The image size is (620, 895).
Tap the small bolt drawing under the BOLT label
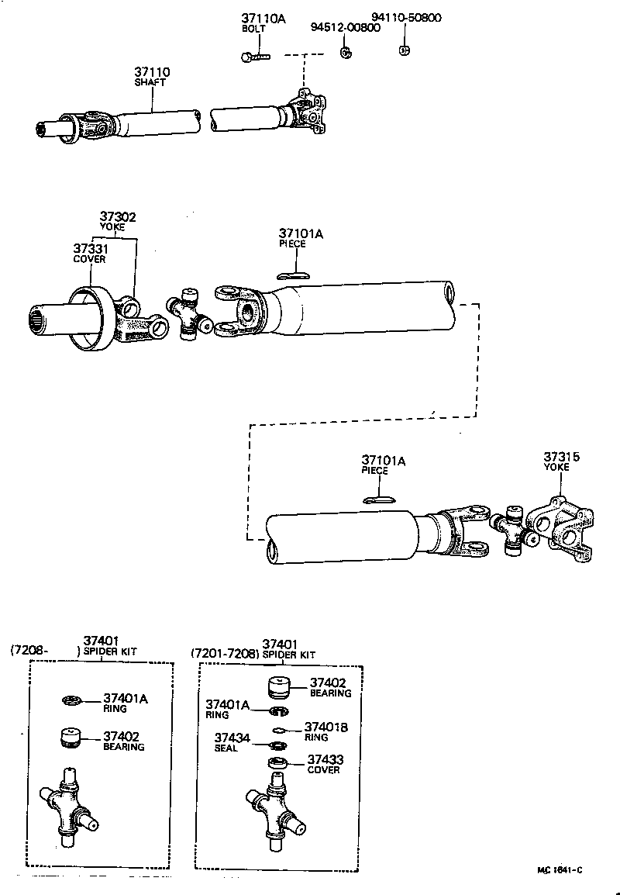coord(255,57)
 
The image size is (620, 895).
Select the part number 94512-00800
coord(346,27)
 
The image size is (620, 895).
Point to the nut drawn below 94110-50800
coord(403,50)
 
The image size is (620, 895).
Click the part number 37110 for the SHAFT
coord(151,71)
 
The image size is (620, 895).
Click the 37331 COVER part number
coord(90,248)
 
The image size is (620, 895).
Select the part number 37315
coord(562,458)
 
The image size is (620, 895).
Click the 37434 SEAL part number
coord(232,738)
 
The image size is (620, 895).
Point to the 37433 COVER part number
coord(325,760)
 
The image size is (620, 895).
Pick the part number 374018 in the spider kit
coord(325,727)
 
